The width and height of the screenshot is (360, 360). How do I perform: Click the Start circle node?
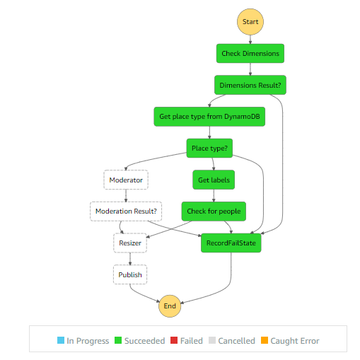[x=250, y=22]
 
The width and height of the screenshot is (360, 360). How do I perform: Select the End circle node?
[x=170, y=306]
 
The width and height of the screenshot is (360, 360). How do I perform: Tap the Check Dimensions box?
[x=250, y=54]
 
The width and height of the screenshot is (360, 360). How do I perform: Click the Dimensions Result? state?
[x=250, y=85]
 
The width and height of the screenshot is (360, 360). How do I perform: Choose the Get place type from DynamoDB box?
[x=209, y=117]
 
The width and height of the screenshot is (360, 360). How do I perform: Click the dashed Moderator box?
[x=126, y=180]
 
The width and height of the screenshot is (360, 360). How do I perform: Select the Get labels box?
[x=214, y=180]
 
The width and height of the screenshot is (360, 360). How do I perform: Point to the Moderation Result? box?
[x=126, y=211]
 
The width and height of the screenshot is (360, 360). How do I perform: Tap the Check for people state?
[x=214, y=211]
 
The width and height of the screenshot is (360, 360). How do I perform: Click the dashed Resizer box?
[x=130, y=243]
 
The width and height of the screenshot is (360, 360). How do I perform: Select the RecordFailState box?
[x=231, y=243]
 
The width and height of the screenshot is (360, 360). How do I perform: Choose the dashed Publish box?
[x=130, y=274]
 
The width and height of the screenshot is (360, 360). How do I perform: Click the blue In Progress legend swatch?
[x=61, y=341]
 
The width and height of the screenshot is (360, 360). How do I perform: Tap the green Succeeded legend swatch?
[x=118, y=341]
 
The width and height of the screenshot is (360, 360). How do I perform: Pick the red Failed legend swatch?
[x=174, y=341]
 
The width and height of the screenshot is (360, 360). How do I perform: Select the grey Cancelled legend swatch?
[x=212, y=341]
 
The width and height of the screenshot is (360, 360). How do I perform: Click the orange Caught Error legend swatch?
[x=265, y=341]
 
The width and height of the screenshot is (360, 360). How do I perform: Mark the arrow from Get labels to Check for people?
[x=214, y=196]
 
